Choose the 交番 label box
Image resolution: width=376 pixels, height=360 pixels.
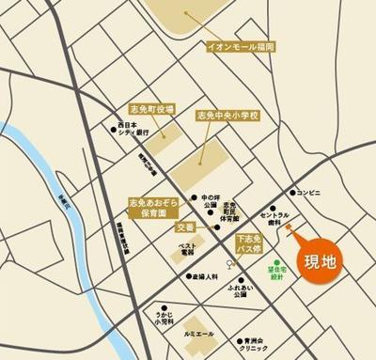point(186,227)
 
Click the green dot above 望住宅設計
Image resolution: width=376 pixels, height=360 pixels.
point(276,262)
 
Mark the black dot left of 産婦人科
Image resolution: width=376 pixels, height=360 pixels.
point(188,276)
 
